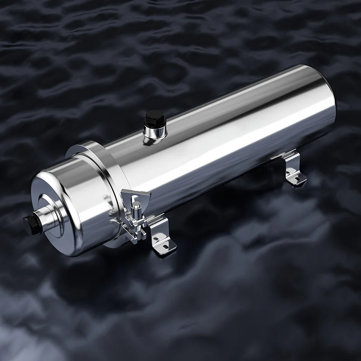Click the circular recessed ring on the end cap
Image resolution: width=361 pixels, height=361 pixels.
(52, 212)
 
